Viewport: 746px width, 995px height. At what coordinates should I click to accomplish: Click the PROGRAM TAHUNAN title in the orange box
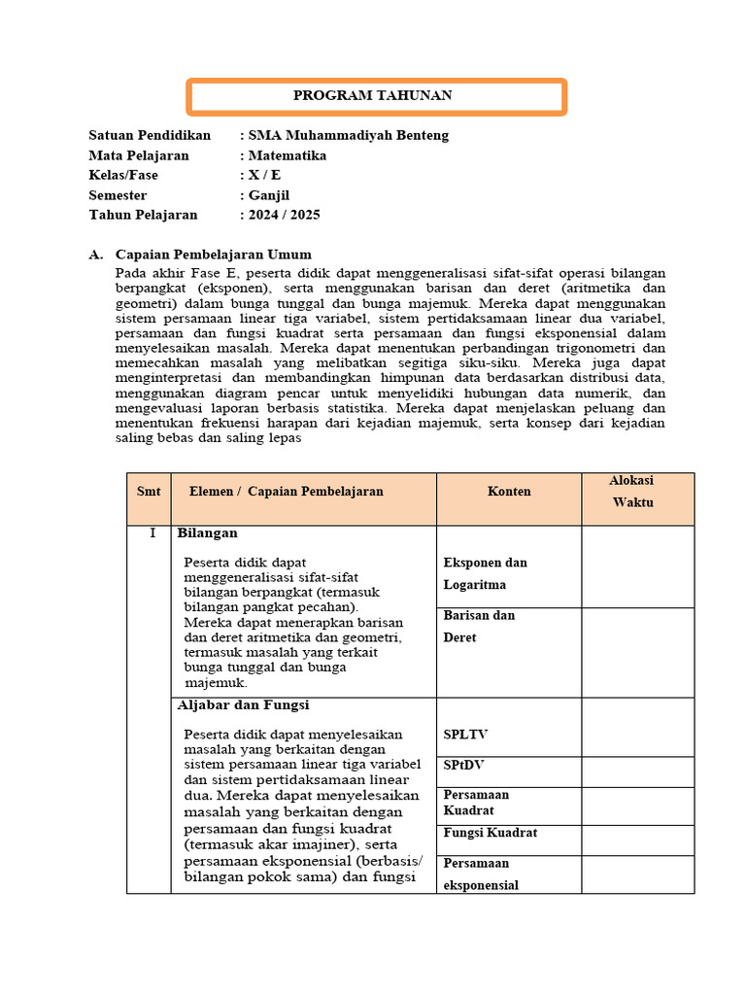tap(373, 96)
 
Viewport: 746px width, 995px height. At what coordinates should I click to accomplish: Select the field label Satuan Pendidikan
tap(150, 135)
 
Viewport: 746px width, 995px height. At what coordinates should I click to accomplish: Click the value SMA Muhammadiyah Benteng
tap(349, 135)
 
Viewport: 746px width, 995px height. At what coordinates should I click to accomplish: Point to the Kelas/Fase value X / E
tap(264, 175)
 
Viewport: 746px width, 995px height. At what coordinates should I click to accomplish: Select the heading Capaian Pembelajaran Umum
tap(214, 255)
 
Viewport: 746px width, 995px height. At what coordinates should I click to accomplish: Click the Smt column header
tap(149, 492)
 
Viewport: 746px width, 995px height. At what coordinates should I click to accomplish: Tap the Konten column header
tap(509, 492)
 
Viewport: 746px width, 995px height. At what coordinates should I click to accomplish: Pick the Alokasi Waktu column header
tap(631, 492)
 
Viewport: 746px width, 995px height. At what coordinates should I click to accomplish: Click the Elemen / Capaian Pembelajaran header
tap(286, 492)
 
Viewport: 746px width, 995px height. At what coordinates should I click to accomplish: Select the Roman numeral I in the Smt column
tap(152, 533)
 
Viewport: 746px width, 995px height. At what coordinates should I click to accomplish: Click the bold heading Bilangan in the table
tap(207, 533)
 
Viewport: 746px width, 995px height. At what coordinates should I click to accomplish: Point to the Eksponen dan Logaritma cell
tap(485, 573)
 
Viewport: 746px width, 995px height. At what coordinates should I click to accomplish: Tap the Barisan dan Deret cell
tap(478, 627)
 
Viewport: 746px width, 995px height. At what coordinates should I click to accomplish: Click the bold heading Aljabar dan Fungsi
tap(243, 704)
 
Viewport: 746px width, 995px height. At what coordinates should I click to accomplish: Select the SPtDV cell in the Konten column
tap(463, 766)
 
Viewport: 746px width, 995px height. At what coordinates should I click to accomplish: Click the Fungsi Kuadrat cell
tap(490, 833)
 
